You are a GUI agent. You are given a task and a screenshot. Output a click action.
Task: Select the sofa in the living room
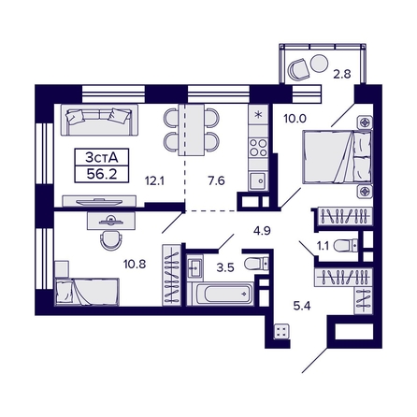tap(99, 121)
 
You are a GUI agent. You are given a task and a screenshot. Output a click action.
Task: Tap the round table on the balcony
tap(319, 63)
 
